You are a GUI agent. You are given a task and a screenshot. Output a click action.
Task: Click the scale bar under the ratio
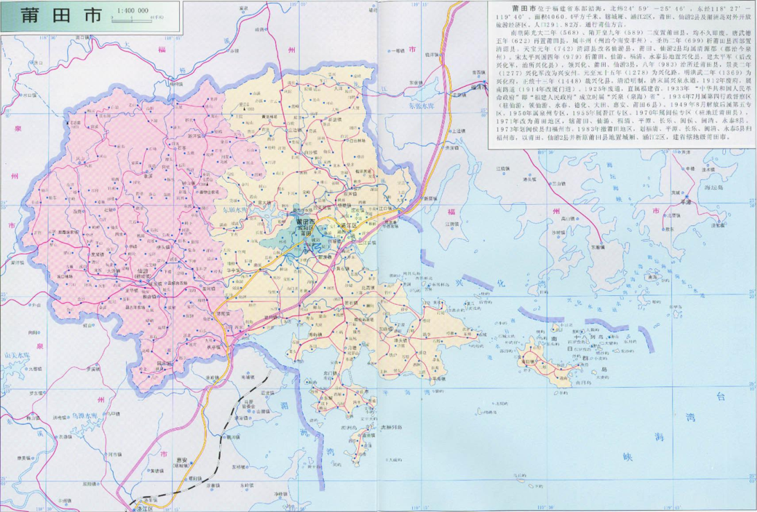(x=135, y=19)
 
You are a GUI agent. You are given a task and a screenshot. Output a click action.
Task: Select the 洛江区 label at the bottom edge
(x=144, y=506)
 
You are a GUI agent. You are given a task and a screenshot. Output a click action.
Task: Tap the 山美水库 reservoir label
(x=17, y=355)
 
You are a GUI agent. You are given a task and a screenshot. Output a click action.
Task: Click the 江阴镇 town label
(x=452, y=224)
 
